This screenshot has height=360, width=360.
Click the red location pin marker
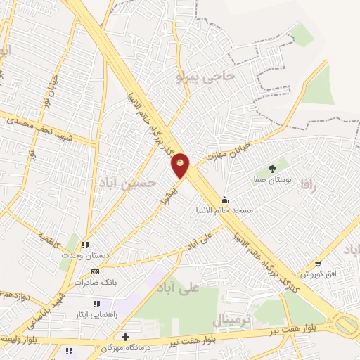pos(181,166)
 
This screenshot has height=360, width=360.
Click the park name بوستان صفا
pos(271,180)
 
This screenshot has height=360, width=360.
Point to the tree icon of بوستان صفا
pos(271,168)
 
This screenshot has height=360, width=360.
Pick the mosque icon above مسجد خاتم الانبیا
pos(224,199)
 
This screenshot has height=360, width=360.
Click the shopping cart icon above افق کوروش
pos(318,263)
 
